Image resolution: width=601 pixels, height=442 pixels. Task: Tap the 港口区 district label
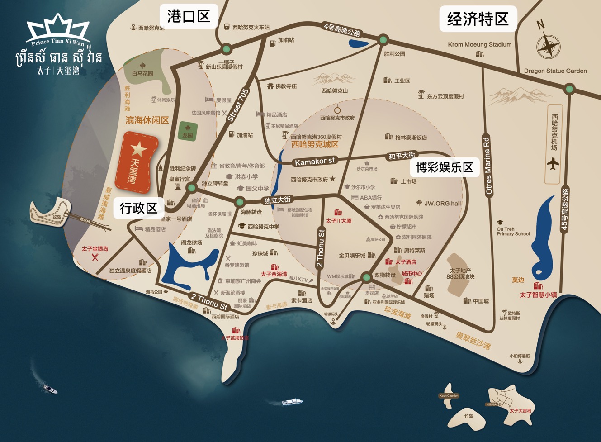(x=189, y=17)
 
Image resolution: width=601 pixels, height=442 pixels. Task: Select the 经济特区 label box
(x=478, y=19)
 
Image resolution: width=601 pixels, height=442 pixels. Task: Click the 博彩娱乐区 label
(x=445, y=167)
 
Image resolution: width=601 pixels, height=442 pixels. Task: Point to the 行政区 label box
(x=138, y=208)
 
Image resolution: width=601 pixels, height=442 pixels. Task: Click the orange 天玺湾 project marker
(x=137, y=162)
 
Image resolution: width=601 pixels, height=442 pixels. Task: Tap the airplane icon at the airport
(x=553, y=163)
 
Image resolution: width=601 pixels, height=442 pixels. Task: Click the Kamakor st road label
(x=315, y=161)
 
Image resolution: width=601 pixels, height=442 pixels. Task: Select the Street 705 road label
(x=238, y=105)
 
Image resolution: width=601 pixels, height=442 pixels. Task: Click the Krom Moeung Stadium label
(x=479, y=44)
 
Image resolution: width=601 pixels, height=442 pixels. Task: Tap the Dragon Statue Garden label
(x=555, y=71)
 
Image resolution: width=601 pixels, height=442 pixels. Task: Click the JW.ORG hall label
(x=442, y=204)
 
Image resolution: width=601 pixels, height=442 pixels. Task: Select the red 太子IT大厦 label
(x=339, y=221)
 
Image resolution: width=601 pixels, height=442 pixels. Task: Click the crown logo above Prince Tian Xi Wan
(x=58, y=28)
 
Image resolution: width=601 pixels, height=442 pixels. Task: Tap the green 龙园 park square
(x=188, y=131)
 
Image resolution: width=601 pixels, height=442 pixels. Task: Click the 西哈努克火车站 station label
(x=251, y=28)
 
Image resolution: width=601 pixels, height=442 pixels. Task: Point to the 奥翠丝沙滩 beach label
(x=473, y=341)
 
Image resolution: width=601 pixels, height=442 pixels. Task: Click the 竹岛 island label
(x=468, y=416)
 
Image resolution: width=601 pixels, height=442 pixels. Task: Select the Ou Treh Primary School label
(x=513, y=232)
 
